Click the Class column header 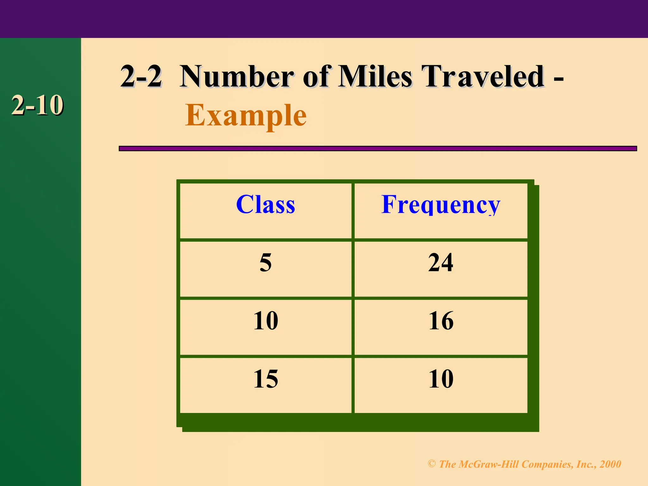[265, 204]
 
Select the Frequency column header [441, 204]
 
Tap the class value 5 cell [265, 263]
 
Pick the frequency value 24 [441, 263]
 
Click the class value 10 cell [265, 321]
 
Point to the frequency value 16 [441, 321]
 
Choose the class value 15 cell [265, 379]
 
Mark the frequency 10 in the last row [441, 379]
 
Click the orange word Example [246, 116]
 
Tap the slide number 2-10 [37, 105]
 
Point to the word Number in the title [237, 77]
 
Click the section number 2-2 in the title [141, 77]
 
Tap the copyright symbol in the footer [432, 464]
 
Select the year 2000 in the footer [610, 464]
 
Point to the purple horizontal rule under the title [377, 148]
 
